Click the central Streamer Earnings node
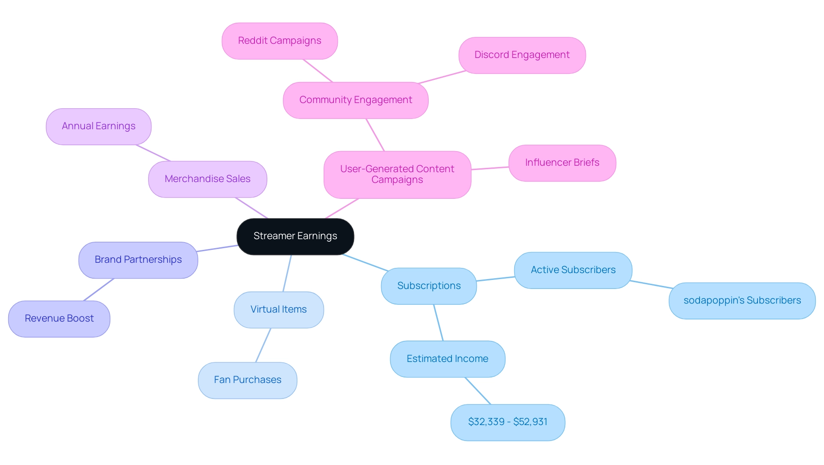tap(295, 236)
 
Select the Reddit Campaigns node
tap(279, 41)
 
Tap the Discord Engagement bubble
tap(522, 55)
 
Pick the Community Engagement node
tap(355, 100)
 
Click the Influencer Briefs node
tap(562, 163)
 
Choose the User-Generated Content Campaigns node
tap(397, 174)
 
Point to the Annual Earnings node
tap(98, 126)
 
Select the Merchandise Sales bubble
tap(207, 179)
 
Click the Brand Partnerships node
tap(138, 260)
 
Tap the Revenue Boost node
tap(59, 319)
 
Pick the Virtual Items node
tap(279, 310)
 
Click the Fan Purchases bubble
tap(247, 380)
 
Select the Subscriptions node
tap(429, 286)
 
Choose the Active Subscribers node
tap(573, 270)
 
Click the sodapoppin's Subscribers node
tap(742, 301)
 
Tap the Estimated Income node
tap(447, 359)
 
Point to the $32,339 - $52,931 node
tap(508, 422)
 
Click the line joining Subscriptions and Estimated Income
tap(438, 322)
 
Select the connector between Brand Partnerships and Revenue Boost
tap(99, 289)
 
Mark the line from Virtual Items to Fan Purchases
tap(263, 345)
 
